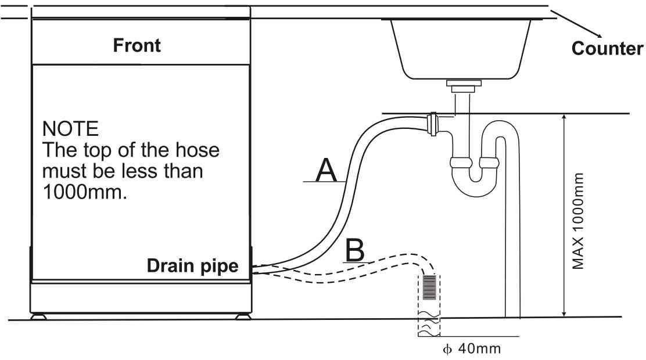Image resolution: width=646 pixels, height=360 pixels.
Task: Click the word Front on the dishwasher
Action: [x=137, y=45]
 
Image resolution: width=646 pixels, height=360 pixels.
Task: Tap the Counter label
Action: [x=607, y=48]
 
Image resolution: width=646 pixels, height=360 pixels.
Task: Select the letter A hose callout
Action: [x=326, y=171]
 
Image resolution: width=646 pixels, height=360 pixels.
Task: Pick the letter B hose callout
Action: [x=355, y=250]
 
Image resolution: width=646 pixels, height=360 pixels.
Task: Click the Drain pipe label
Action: [x=192, y=266]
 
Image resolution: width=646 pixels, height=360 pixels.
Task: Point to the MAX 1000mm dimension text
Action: [x=578, y=220]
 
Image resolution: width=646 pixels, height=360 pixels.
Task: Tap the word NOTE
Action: [x=70, y=128]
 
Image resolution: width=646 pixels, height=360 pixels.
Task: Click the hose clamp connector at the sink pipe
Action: [x=432, y=125]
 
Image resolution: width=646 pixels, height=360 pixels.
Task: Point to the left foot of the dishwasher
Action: [x=39, y=317]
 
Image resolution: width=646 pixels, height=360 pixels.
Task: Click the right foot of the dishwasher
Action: [x=242, y=317]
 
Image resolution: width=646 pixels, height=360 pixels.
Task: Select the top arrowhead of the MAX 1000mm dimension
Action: [x=564, y=117]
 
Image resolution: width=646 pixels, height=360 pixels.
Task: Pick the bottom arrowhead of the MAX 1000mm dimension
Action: [x=564, y=314]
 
